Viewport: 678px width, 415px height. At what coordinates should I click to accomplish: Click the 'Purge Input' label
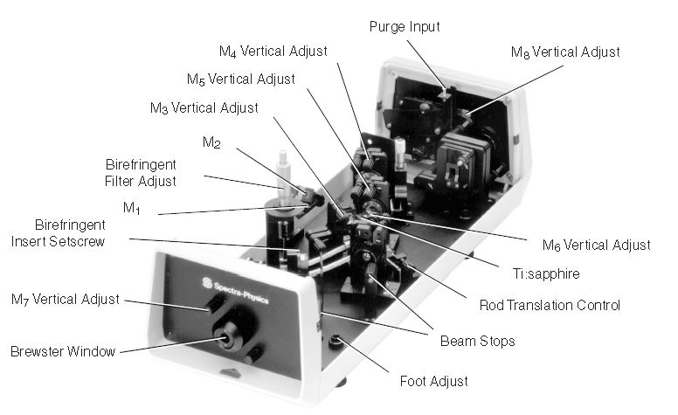[x=403, y=27]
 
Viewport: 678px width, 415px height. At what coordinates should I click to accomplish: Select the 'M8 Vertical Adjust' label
[x=565, y=52]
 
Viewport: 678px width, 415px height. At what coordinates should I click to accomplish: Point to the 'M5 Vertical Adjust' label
[x=240, y=79]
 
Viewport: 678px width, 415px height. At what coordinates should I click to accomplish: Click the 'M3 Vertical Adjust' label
[x=203, y=108]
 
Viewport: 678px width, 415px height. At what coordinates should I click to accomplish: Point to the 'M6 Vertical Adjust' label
[x=592, y=245]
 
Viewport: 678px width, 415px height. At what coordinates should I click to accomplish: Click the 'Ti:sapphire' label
[x=547, y=273]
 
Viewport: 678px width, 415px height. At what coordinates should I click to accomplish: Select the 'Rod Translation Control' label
[x=550, y=305]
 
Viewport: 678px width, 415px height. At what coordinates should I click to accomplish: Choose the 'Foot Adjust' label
[x=433, y=380]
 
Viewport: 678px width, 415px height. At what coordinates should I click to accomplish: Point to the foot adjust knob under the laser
[x=336, y=342]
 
